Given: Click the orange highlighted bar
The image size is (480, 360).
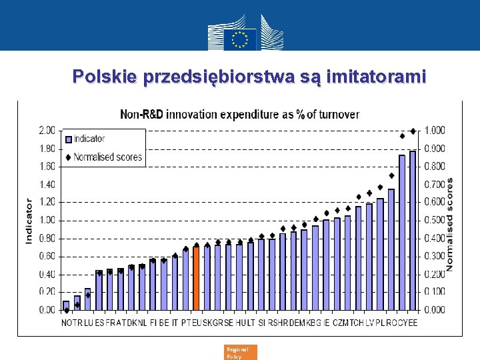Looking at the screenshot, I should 196,278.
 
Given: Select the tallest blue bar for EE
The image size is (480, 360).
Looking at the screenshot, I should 413,230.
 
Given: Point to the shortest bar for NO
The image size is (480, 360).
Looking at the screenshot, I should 66,305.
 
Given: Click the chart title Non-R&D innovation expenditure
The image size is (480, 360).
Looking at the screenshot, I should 239,114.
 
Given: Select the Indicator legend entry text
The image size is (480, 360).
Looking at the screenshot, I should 89,139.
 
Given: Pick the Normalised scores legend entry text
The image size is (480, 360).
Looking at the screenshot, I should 108,157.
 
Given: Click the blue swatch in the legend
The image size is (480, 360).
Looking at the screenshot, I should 69,139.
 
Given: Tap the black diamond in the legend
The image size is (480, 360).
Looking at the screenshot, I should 69,157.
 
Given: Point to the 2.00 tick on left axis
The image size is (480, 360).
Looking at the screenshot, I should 47,130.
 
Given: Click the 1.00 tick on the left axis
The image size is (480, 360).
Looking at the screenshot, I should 47,220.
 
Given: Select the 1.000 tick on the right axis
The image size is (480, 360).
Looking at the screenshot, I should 436,130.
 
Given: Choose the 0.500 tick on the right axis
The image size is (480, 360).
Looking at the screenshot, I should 436,220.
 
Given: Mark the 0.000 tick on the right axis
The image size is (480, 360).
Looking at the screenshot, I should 436,310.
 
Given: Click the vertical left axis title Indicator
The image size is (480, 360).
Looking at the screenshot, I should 29,220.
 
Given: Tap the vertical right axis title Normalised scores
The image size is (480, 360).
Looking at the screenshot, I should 450,223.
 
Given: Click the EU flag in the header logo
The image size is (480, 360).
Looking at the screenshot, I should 239,39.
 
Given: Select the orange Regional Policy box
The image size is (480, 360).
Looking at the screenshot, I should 241,353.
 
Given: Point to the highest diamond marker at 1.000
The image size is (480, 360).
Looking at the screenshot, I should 413,131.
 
